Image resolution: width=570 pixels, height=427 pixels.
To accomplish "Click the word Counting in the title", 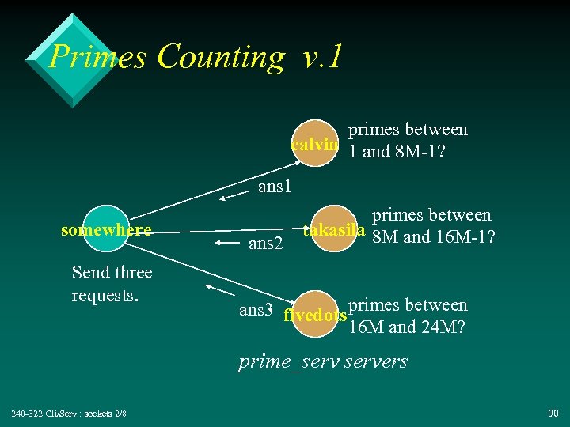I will coord(220,57).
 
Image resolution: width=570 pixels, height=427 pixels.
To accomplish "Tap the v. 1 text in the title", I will coord(322,57).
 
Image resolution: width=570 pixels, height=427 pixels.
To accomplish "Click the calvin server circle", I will coord(316,144).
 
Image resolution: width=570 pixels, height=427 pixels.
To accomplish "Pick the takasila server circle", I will coord(334,230).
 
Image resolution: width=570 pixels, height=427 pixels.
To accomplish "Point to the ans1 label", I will coord(275,187).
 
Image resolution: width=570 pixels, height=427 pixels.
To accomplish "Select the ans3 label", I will coord(256,310).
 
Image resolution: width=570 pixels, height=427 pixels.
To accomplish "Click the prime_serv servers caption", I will coord(323,362).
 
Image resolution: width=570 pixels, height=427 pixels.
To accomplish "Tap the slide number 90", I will coord(551,414).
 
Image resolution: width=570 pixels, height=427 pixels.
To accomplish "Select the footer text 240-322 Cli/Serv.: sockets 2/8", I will coord(70,414).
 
